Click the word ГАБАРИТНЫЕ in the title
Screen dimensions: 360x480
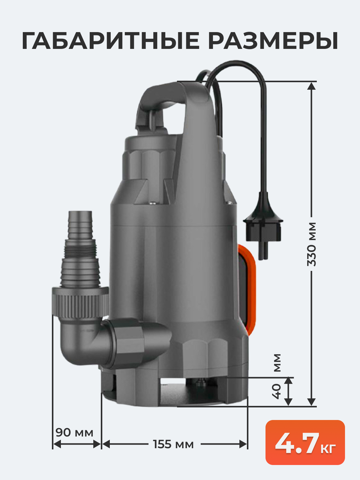point(111,41)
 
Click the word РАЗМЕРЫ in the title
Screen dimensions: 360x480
point(273,41)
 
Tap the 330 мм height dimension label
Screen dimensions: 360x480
point(311,244)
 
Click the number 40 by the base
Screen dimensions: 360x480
point(277,391)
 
